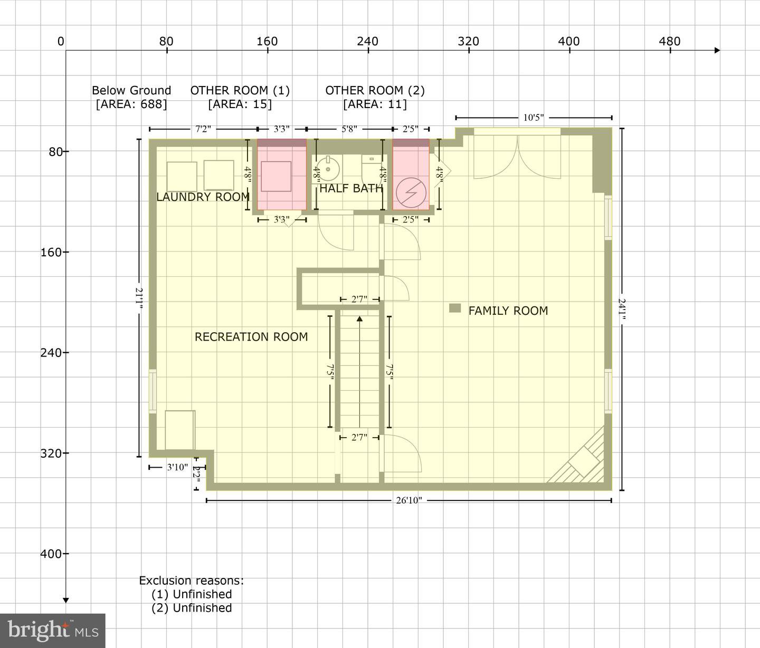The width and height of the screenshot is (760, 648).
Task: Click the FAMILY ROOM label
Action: point(508,311)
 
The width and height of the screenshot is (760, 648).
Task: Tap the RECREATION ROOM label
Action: point(251,337)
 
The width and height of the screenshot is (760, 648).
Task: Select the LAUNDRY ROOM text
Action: point(203,197)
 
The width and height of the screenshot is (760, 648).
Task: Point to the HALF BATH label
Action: point(351,188)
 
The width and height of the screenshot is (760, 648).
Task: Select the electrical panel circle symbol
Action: point(411,192)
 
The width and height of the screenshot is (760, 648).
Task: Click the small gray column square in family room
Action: point(455,308)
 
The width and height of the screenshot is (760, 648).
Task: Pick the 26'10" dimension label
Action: point(409,500)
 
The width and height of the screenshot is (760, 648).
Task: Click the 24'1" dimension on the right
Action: point(622,309)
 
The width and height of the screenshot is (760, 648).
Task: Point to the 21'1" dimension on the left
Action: point(139,298)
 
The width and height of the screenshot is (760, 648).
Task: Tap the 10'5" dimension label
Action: point(534,118)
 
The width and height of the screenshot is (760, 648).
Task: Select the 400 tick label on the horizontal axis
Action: point(569,42)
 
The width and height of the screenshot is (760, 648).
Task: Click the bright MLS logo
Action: point(53,631)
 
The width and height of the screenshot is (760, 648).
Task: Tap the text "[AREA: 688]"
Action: point(131,104)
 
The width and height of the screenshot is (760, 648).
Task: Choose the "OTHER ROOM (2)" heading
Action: point(375,90)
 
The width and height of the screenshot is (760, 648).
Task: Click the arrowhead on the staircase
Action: point(359,319)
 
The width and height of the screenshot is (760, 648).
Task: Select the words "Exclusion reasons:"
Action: point(191,581)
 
